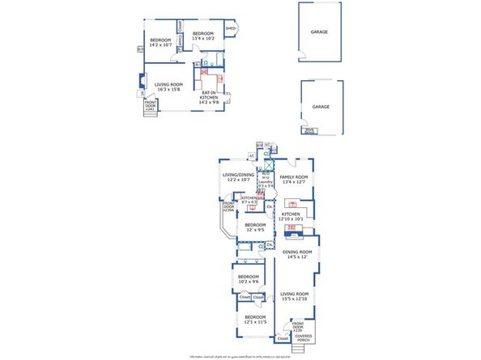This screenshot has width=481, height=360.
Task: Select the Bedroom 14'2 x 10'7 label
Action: point(160,43)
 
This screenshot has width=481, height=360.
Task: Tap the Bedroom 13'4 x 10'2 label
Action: point(204,36)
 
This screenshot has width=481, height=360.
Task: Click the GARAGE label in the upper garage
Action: point(319,32)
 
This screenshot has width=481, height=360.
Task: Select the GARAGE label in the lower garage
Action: point(320,107)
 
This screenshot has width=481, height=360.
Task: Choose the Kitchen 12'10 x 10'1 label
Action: point(293,216)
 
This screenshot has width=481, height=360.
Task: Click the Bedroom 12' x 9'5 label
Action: point(255,227)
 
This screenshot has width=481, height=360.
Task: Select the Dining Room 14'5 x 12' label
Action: point(296,255)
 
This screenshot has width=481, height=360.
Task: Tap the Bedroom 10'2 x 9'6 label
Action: point(249,279)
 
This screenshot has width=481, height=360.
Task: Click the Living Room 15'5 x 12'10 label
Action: point(295,296)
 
